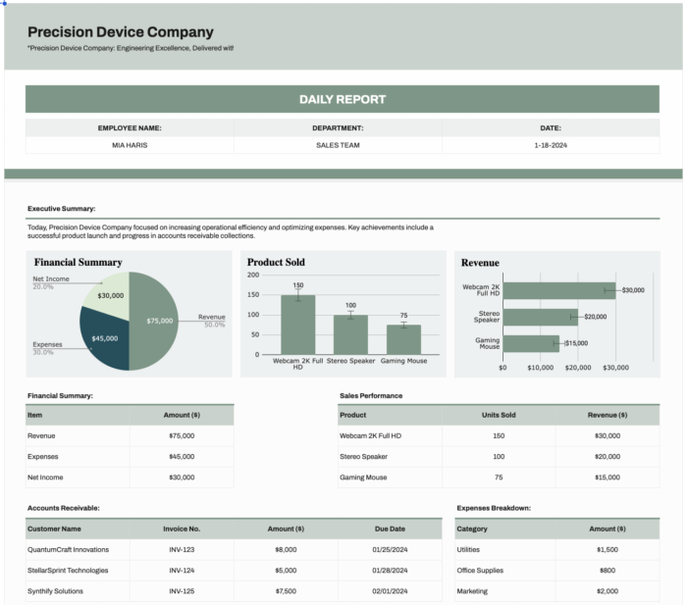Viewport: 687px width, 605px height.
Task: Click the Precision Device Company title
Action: click(120, 32)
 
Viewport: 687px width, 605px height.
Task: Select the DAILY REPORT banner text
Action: click(343, 99)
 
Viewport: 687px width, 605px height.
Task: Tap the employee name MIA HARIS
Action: click(130, 145)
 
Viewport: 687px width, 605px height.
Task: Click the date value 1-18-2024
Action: click(551, 145)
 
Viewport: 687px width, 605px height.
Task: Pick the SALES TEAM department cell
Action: click(338, 145)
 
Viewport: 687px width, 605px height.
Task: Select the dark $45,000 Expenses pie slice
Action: click(105, 339)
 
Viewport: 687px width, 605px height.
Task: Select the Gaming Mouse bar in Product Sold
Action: click(403, 340)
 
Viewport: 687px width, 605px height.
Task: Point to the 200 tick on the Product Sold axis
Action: click(254, 275)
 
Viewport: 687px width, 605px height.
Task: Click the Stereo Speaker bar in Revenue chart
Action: click(540, 317)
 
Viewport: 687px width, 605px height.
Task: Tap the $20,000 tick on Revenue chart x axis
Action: click(578, 368)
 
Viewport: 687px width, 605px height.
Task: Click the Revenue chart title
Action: click(480, 263)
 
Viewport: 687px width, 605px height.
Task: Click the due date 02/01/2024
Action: click(389, 591)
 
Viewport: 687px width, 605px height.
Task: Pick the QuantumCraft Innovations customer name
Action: click(68, 549)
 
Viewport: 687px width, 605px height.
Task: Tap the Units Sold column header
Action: click(499, 415)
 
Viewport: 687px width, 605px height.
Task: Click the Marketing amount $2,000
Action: click(608, 591)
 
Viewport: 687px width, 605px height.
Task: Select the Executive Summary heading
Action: click(61, 209)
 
